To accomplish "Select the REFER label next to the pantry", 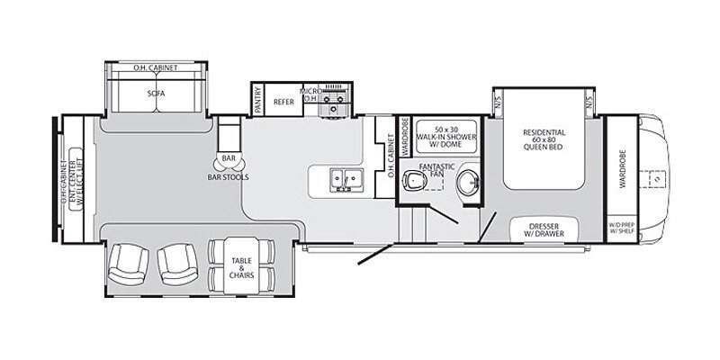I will click(x=285, y=103).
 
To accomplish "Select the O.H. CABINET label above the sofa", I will click(x=156, y=67).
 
